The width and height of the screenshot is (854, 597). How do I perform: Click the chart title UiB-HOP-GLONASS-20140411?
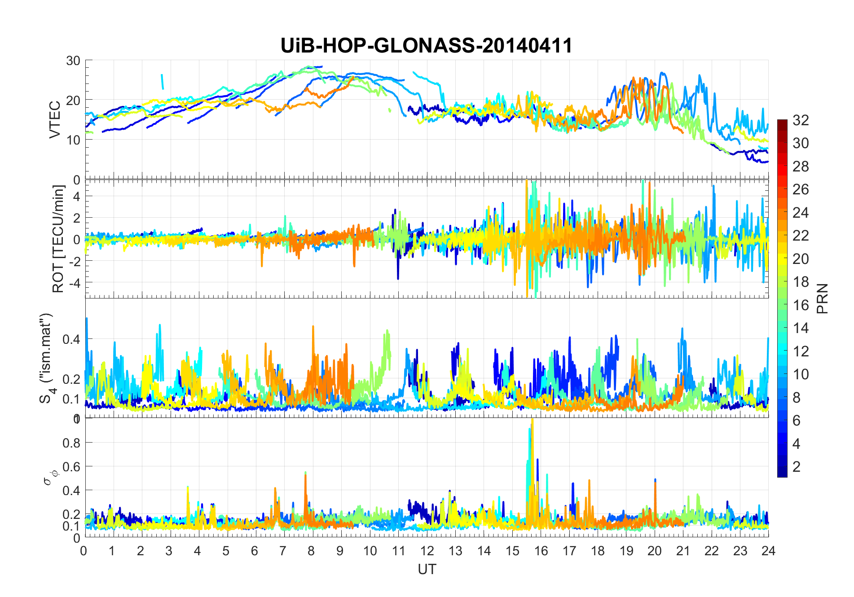click(426, 46)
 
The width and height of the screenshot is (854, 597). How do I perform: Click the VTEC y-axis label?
click(55, 119)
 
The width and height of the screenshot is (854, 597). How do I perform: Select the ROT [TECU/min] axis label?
click(58, 239)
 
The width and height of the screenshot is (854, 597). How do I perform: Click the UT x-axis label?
click(427, 569)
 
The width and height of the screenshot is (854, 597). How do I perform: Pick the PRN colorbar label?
click(823, 298)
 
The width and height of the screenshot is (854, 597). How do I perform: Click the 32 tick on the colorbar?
click(801, 120)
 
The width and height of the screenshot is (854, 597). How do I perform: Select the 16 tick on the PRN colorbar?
click(801, 305)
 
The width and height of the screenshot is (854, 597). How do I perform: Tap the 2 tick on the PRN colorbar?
click(797, 467)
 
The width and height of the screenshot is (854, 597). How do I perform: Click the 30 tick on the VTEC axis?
click(73, 61)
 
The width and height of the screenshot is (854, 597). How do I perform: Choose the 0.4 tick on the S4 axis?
click(71, 339)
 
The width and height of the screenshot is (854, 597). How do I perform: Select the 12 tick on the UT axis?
click(427, 551)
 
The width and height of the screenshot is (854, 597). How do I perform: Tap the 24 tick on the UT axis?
click(768, 551)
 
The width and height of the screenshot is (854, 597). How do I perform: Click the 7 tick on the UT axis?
click(282, 551)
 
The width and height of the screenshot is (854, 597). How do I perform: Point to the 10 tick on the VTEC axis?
click(73, 140)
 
